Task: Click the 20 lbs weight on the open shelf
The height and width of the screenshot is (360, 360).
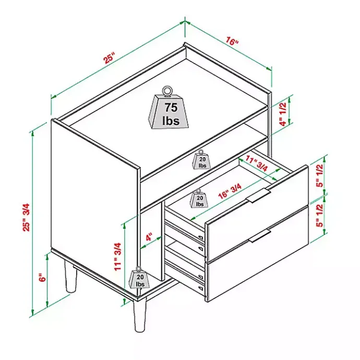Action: [x=201, y=160]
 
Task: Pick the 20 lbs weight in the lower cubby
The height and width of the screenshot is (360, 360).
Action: [x=139, y=279]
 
